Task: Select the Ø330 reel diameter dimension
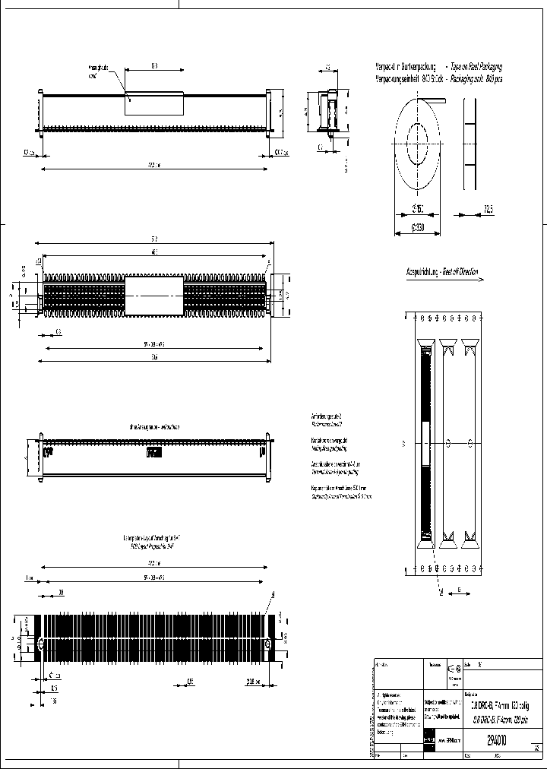[x=417, y=225]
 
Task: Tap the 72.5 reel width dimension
[x=486, y=209]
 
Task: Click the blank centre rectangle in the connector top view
[x=153, y=296]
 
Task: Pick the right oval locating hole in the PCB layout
[x=267, y=644]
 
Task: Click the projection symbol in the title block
[x=454, y=668]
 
